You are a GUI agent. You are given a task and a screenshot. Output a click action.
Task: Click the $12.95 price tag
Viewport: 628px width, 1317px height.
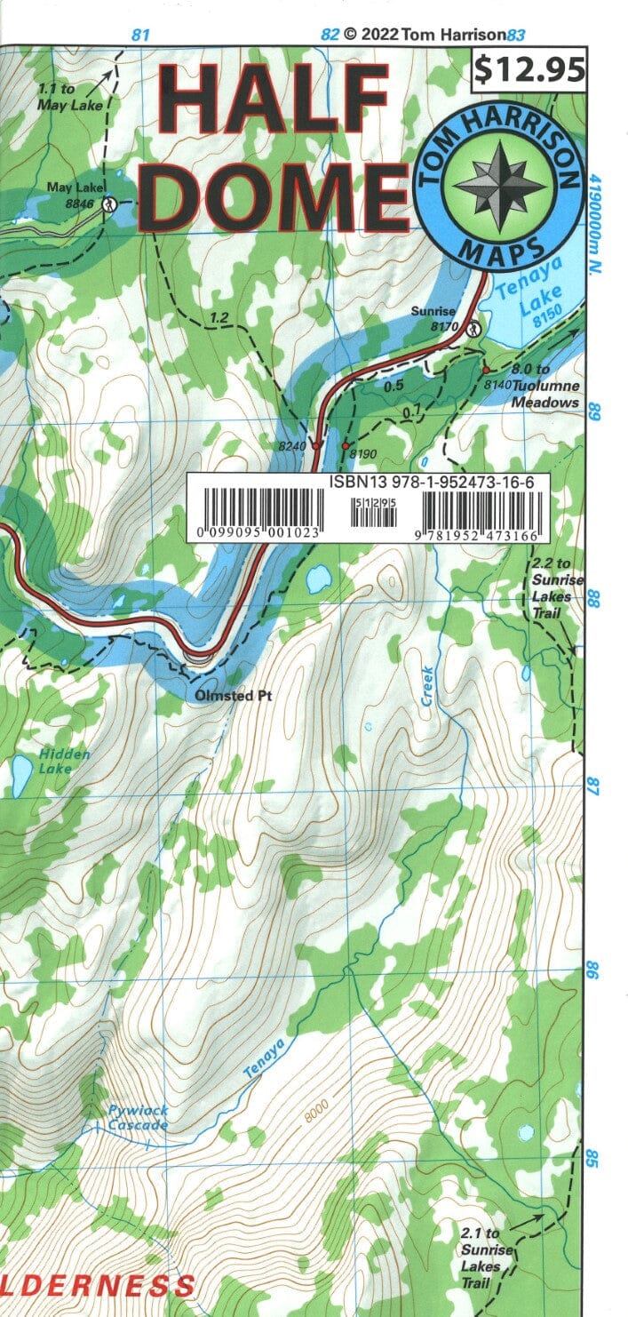[530, 68]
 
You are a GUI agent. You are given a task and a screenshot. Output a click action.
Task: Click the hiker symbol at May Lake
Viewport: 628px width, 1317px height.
[108, 204]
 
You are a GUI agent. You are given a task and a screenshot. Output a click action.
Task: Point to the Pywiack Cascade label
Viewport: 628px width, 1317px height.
[138, 1118]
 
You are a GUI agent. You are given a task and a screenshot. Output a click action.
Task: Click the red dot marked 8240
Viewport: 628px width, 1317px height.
[315, 445]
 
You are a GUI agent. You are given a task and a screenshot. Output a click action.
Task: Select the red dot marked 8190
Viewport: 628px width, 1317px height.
[346, 445]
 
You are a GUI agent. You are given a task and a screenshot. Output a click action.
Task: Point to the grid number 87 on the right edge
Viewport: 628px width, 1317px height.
[592, 786]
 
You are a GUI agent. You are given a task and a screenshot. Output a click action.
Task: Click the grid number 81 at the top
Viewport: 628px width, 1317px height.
[139, 36]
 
